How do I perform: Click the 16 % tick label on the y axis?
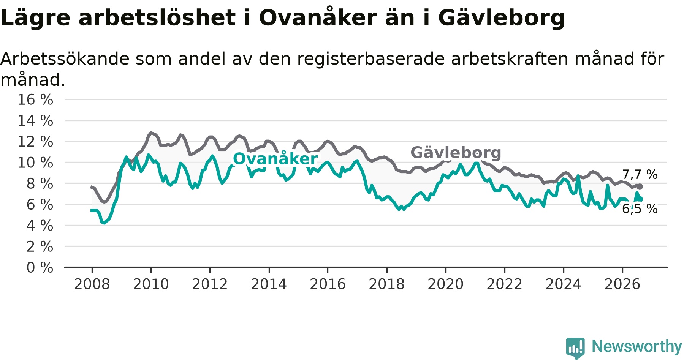click(x=35, y=100)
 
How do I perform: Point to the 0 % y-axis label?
click(x=40, y=268)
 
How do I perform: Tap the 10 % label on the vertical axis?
click(x=35, y=163)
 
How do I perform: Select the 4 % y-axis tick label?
click(x=40, y=226)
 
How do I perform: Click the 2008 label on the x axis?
click(x=92, y=284)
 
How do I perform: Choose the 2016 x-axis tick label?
click(x=328, y=284)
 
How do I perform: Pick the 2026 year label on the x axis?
click(x=622, y=284)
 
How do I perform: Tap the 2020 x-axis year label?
click(x=446, y=284)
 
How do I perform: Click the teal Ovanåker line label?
click(x=275, y=158)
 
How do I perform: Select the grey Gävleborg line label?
click(x=456, y=153)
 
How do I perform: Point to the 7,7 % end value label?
click(x=640, y=175)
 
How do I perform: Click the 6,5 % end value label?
click(x=640, y=209)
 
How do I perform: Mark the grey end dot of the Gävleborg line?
click(x=640, y=186)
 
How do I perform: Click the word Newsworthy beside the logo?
click(x=637, y=346)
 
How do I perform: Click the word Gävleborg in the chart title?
click(x=502, y=18)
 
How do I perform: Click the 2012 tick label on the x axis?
click(x=210, y=284)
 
